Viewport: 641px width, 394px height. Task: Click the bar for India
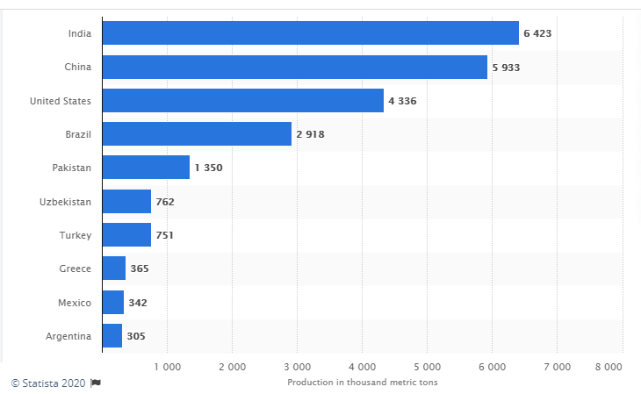click(310, 33)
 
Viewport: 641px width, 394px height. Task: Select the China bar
click(294, 67)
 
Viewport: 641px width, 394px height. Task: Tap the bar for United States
click(242, 101)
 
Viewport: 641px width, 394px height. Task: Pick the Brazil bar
click(197, 134)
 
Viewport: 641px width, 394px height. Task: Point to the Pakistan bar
click(146, 168)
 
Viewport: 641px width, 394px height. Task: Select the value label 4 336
click(401, 101)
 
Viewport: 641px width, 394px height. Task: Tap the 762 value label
click(165, 202)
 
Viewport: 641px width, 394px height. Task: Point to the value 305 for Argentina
click(135, 336)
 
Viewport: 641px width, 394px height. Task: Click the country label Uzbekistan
click(65, 202)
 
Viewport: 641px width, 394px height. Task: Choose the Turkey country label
click(76, 235)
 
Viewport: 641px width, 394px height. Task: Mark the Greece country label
click(76, 269)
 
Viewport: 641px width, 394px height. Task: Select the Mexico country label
click(75, 303)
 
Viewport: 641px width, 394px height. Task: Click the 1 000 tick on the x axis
click(167, 365)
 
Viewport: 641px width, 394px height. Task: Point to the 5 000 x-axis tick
click(427, 365)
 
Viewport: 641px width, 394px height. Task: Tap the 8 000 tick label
click(608, 365)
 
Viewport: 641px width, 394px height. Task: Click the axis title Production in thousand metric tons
click(362, 382)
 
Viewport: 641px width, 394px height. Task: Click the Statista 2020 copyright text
click(48, 383)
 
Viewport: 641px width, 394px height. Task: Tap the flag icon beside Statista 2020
click(96, 383)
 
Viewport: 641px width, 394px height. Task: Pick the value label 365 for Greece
click(139, 269)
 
